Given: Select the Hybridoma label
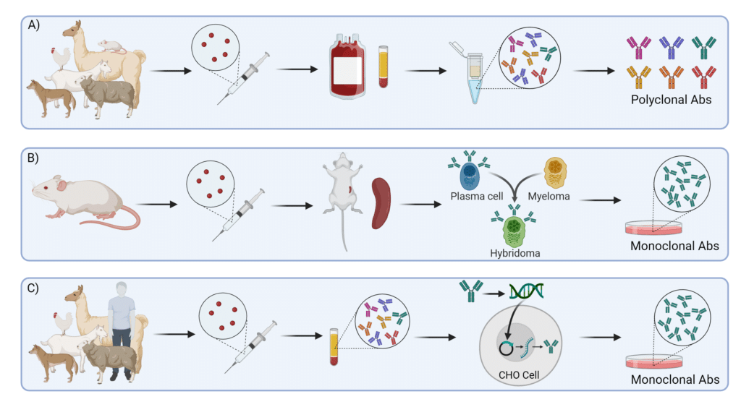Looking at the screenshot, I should pos(516,253).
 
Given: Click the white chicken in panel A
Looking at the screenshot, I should pos(59,55).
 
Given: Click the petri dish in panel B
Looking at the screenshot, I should pos(655,227).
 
